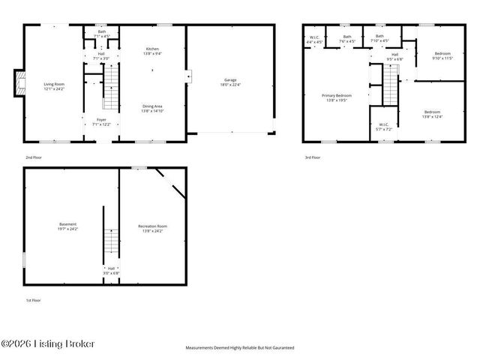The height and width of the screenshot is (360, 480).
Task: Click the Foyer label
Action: click(101, 121)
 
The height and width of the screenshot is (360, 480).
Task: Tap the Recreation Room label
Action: click(152, 228)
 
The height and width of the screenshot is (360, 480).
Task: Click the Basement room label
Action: click(68, 228)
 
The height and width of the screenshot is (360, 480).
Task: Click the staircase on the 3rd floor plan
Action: click(391, 85)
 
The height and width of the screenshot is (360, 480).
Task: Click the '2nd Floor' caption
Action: click(33, 157)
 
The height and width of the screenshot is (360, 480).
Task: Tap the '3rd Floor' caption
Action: click(312, 157)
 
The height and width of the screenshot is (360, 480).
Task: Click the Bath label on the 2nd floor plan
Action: click(101, 34)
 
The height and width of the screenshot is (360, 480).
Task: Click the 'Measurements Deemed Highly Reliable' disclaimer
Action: click(239, 348)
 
